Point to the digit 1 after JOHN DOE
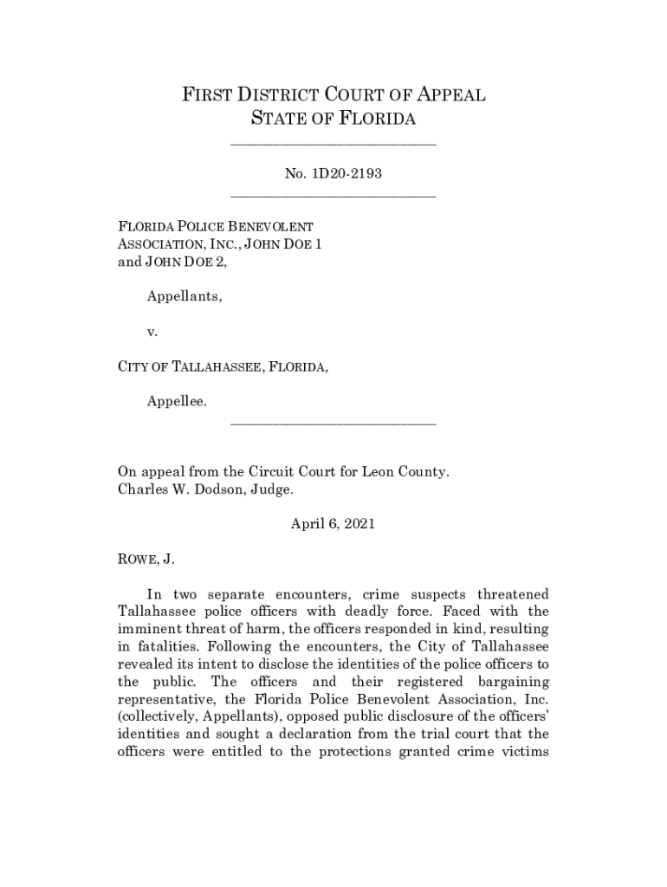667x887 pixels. [318, 244]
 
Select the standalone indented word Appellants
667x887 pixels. [184, 296]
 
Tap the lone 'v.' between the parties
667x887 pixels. [152, 331]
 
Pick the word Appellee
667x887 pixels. [177, 401]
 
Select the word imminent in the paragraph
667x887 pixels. [147, 629]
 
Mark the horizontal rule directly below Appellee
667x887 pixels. [333, 424]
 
